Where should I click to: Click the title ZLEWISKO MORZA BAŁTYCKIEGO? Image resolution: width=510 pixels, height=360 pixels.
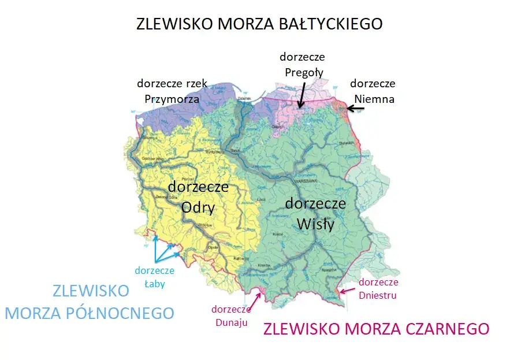(x=259, y=24)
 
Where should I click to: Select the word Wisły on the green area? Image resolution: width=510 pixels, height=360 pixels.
(x=315, y=224)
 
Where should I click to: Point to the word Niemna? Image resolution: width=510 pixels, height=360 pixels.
(x=374, y=99)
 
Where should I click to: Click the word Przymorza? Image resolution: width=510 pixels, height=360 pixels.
(x=172, y=99)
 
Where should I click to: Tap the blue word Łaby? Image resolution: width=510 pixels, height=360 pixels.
(x=154, y=284)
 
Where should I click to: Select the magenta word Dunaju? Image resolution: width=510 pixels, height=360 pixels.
(x=229, y=322)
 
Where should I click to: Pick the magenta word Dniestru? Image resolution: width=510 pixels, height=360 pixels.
(x=378, y=295)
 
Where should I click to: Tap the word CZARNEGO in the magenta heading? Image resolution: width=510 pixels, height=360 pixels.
(x=441, y=329)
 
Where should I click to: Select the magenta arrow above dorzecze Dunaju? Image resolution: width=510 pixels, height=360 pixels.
(x=256, y=298)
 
